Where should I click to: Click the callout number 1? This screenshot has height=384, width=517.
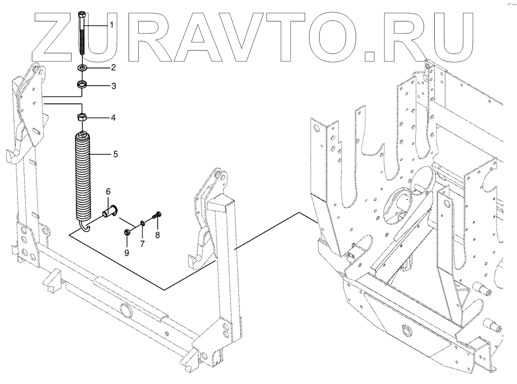(x=112, y=25)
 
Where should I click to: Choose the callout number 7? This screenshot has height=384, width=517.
(x=142, y=244)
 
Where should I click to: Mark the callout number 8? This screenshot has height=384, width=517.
(x=157, y=235)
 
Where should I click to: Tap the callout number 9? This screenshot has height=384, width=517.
(x=127, y=253)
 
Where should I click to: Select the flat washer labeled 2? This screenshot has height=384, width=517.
(x=82, y=68)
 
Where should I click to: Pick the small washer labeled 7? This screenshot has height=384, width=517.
(x=142, y=223)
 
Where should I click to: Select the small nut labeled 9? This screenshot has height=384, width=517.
(x=127, y=232)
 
